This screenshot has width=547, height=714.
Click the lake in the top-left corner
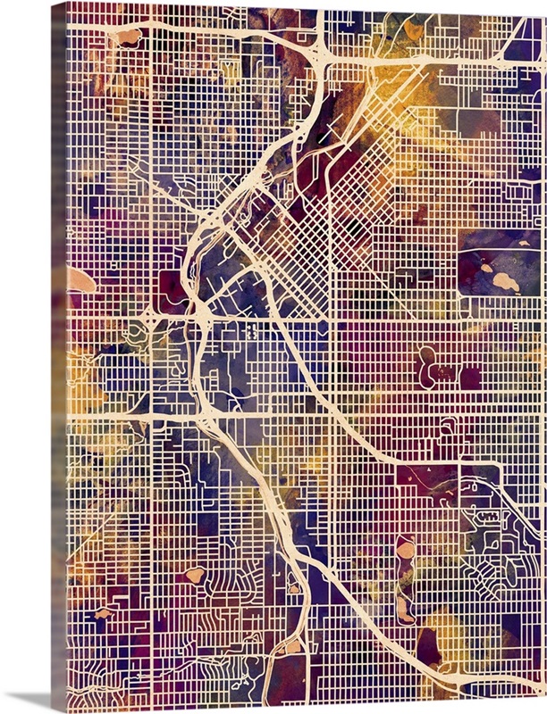coord(129,37)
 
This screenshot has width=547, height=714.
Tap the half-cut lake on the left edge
coord(80,281)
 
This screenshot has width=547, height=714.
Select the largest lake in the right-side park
coord(505,283)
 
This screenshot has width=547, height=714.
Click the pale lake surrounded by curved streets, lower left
coord(195,575)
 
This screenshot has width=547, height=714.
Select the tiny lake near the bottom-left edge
coord(102,613)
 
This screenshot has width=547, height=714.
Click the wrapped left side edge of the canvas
coord(59,357)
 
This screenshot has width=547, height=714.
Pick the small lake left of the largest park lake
coord(486,267)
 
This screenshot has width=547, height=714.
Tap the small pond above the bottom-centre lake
coord(293,586)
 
